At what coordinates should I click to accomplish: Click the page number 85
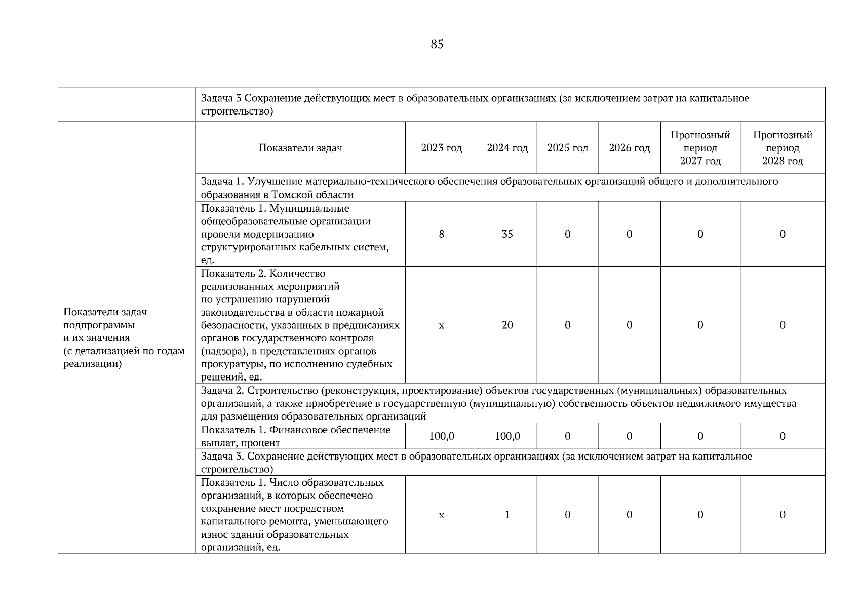click(x=437, y=44)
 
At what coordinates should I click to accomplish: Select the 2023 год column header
click(x=441, y=148)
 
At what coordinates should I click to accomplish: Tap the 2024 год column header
click(x=507, y=148)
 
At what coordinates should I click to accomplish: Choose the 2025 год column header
click(x=567, y=148)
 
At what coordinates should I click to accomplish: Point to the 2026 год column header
click(x=629, y=148)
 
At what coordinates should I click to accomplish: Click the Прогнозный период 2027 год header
click(x=700, y=148)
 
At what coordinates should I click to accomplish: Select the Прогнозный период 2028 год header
click(x=783, y=148)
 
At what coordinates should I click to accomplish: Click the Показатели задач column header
click(x=300, y=148)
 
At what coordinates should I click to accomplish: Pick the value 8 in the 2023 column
click(x=441, y=234)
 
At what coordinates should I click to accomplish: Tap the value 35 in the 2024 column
click(x=507, y=234)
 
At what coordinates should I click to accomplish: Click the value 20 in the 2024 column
click(x=507, y=325)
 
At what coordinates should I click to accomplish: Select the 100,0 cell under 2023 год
click(x=441, y=436)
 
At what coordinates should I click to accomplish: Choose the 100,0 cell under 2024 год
click(x=507, y=436)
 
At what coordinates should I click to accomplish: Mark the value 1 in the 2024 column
click(x=507, y=515)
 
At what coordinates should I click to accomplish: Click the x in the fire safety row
click(x=441, y=325)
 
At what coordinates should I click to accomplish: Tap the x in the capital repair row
click(x=441, y=515)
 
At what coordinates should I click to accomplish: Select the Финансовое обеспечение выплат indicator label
click(x=296, y=436)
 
